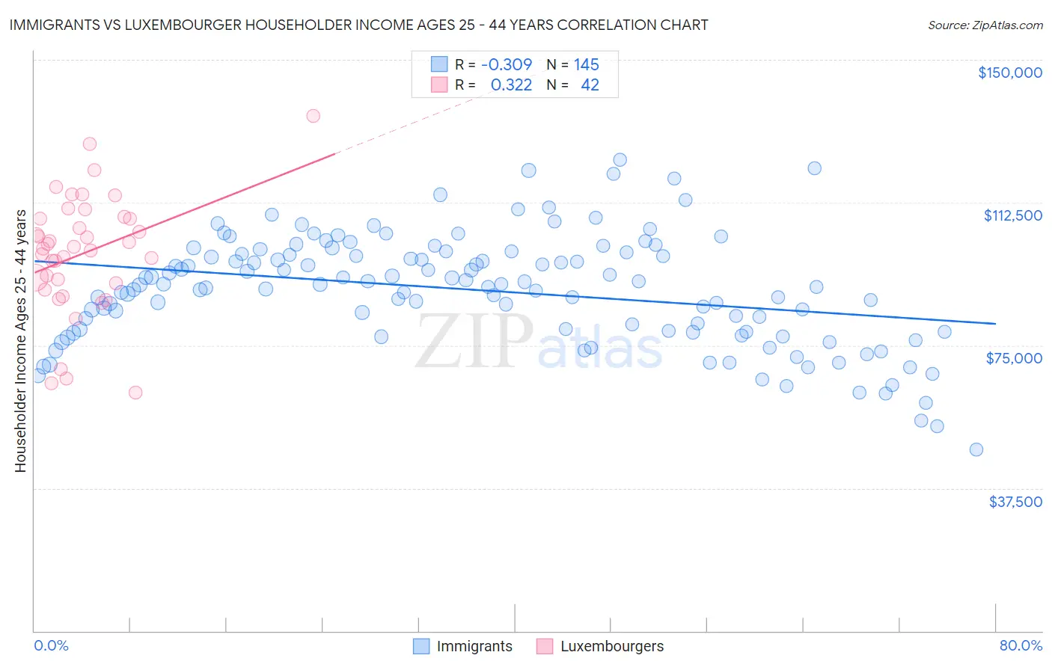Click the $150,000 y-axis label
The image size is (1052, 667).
[x=1009, y=73]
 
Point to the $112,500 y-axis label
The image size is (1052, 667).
[x=1012, y=215]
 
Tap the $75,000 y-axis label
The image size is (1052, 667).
[x=1014, y=358]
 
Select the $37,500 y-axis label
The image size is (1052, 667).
[x=1015, y=502]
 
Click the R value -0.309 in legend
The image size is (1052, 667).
[x=507, y=65]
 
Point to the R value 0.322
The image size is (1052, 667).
[x=511, y=85]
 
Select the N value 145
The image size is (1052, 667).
[x=586, y=65]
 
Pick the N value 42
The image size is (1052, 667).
[x=590, y=85]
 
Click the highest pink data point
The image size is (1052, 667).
[x=313, y=116]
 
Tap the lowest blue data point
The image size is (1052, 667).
[x=976, y=449]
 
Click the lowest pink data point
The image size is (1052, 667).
[x=135, y=393]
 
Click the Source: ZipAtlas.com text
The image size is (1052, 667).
[x=985, y=25]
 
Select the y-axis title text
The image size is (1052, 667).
[x=20, y=341]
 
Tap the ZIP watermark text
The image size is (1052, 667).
[x=474, y=342]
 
